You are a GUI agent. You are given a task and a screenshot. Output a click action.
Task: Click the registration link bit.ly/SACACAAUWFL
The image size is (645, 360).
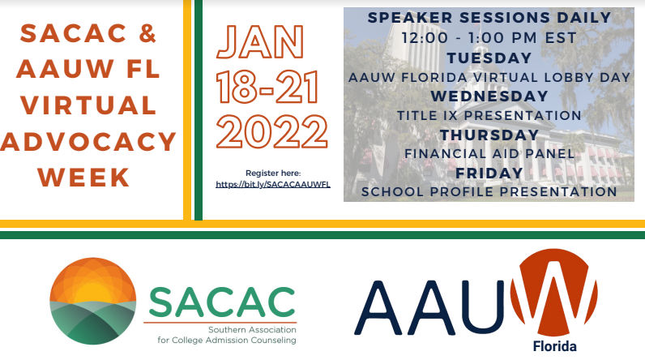[x=273, y=184]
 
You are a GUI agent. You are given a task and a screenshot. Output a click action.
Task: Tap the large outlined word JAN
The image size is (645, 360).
[x=259, y=42]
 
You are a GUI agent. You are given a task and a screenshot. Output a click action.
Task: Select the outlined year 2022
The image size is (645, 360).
[x=272, y=131]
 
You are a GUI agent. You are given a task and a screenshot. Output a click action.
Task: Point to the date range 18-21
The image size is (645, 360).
[x=267, y=88]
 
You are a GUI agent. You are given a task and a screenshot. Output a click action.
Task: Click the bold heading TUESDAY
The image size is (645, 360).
[x=489, y=58]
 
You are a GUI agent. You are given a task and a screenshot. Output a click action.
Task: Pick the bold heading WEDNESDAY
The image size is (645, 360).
[x=489, y=96]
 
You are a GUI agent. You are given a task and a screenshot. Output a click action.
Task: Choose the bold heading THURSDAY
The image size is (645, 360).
[x=489, y=135]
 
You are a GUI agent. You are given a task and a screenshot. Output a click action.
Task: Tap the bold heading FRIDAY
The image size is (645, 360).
[x=489, y=174]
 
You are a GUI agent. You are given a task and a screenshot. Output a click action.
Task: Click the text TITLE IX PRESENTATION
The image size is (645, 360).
[x=489, y=116]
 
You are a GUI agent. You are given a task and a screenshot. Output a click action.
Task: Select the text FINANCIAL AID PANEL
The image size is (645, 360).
[x=489, y=154]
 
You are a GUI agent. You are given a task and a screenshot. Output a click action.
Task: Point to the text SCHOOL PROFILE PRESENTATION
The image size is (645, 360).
[x=489, y=191]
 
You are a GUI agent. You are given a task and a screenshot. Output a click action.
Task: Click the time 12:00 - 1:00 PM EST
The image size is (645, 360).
[x=489, y=38]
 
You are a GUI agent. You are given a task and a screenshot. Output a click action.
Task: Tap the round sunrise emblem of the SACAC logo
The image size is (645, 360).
[x=93, y=301]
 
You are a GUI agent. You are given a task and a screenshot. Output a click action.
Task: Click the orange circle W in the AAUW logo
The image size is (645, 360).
[x=553, y=292]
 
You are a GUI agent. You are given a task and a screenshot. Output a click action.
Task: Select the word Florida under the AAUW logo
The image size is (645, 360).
[x=554, y=346]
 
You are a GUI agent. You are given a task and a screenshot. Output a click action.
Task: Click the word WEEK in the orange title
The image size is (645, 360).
[x=84, y=178]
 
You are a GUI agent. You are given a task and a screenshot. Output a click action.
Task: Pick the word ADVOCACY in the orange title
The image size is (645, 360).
[x=88, y=142]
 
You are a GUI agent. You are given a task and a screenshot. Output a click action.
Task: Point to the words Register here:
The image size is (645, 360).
[x=273, y=174]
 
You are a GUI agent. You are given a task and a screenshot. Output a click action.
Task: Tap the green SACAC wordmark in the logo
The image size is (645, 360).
[x=222, y=302]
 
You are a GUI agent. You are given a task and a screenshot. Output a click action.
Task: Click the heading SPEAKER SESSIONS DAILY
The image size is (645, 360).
[x=489, y=18]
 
